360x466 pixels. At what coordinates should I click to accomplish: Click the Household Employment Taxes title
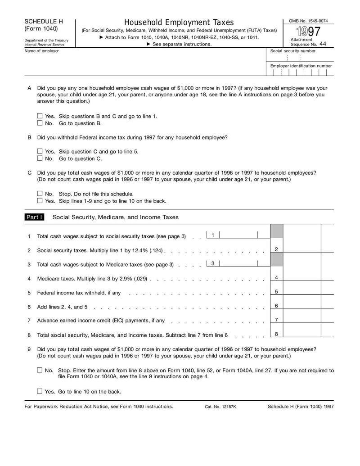point(179,23)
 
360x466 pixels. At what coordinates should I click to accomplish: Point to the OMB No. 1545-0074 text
point(308,21)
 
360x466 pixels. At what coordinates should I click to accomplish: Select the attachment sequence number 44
point(323,44)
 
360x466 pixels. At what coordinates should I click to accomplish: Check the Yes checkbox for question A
point(40,116)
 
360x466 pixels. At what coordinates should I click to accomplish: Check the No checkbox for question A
point(40,123)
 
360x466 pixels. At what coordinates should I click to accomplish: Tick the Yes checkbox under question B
point(40,151)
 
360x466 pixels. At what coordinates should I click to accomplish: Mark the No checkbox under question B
point(40,158)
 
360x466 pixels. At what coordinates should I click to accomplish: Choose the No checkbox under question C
point(40,194)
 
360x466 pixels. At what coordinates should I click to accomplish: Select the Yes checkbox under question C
point(40,201)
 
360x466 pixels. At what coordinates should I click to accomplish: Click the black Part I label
point(34,217)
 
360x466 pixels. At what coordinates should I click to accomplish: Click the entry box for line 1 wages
point(238,235)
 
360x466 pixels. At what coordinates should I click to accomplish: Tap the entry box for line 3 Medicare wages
point(238,263)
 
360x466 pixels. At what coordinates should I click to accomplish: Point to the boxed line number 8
point(276,334)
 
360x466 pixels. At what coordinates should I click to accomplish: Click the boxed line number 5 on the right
point(276,292)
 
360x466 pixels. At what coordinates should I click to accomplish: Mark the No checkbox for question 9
point(40,370)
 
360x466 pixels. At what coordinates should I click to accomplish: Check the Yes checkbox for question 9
point(40,391)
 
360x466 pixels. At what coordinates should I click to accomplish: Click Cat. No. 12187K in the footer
point(220,407)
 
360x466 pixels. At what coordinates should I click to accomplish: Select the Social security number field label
point(293,51)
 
